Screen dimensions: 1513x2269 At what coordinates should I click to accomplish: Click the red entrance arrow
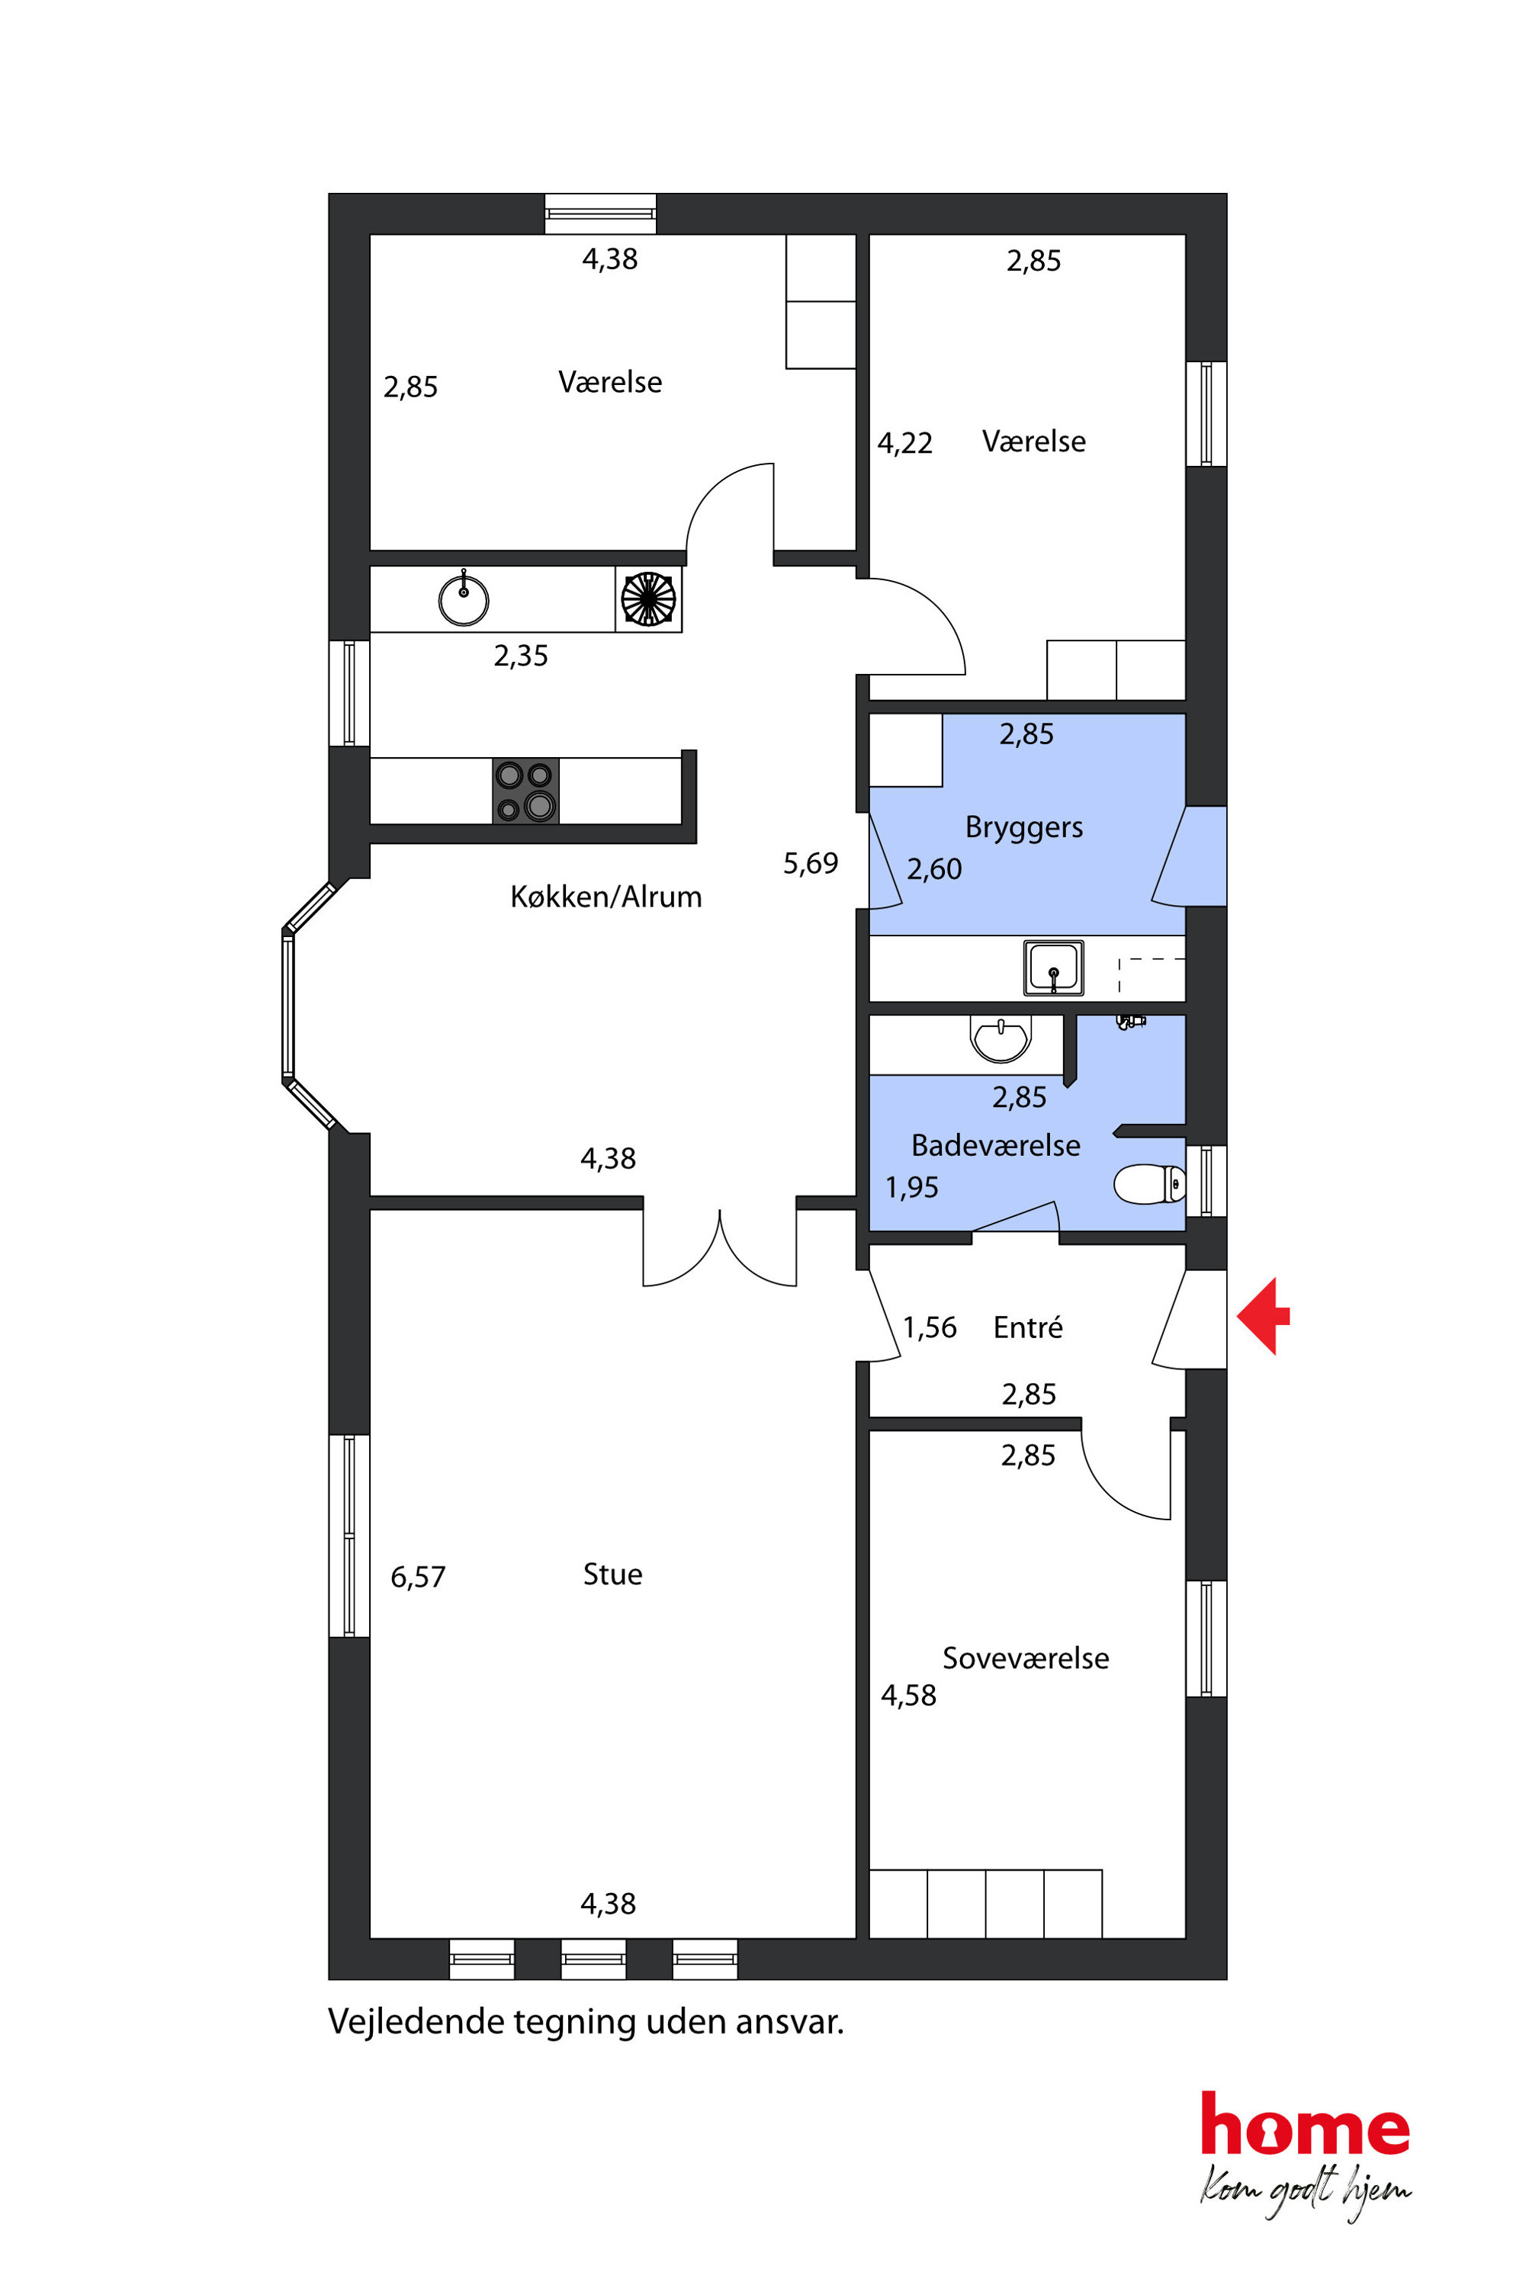pos(1263,1316)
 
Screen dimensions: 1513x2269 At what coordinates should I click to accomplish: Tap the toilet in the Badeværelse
pos(1149,1184)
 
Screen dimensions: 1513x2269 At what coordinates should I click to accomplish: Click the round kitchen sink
pos(463,599)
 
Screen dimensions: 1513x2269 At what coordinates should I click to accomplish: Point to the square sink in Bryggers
pos(1054,968)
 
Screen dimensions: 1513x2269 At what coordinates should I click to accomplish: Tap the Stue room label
pos(612,1574)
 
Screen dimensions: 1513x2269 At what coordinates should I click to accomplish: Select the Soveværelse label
pos(1026,1658)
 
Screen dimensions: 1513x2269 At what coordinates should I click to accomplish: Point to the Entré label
pos(1028,1327)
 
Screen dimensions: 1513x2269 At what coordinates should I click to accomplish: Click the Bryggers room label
pos(1023,829)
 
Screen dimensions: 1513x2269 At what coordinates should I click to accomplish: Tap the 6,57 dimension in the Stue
pos(418,1577)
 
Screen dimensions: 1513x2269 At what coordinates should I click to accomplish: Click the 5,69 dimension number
pos(811,863)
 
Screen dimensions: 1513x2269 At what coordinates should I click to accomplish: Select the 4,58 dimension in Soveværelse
pos(908,1696)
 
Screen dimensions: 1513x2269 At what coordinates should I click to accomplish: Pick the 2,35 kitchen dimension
pos(521,656)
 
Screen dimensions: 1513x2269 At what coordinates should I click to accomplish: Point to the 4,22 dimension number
pos(905,444)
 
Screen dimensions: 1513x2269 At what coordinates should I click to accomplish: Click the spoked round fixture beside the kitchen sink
pos(648,599)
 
